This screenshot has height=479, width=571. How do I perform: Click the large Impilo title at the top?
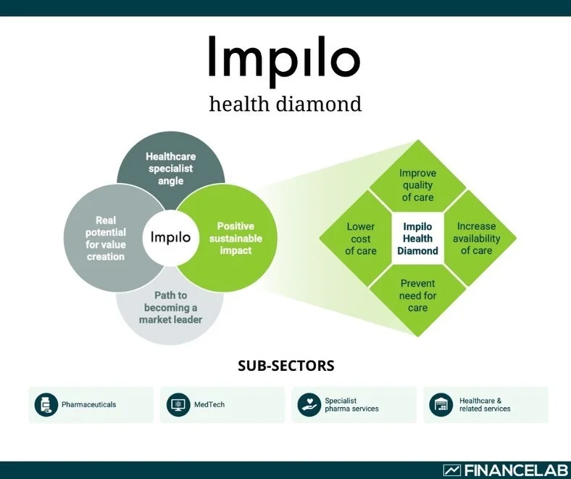click(284, 58)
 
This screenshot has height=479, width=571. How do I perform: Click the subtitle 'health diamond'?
click(285, 104)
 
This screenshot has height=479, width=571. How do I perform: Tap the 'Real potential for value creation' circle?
click(106, 237)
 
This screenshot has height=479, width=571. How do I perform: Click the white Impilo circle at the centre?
click(171, 237)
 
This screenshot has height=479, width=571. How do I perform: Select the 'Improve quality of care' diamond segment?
click(417, 184)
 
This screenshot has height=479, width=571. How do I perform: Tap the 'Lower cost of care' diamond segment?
click(361, 239)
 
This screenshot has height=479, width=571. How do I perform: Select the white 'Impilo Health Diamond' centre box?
click(417, 239)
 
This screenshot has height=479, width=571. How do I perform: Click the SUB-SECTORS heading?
click(285, 366)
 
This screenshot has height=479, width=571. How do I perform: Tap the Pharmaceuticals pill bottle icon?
click(46, 404)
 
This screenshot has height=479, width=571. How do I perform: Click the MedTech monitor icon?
click(178, 404)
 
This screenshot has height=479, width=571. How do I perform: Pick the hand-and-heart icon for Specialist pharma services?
click(309, 404)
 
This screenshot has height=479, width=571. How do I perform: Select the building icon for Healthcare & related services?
click(441, 404)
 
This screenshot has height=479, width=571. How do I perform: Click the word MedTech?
click(209, 404)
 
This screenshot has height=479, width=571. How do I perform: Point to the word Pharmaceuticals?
click(88, 404)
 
